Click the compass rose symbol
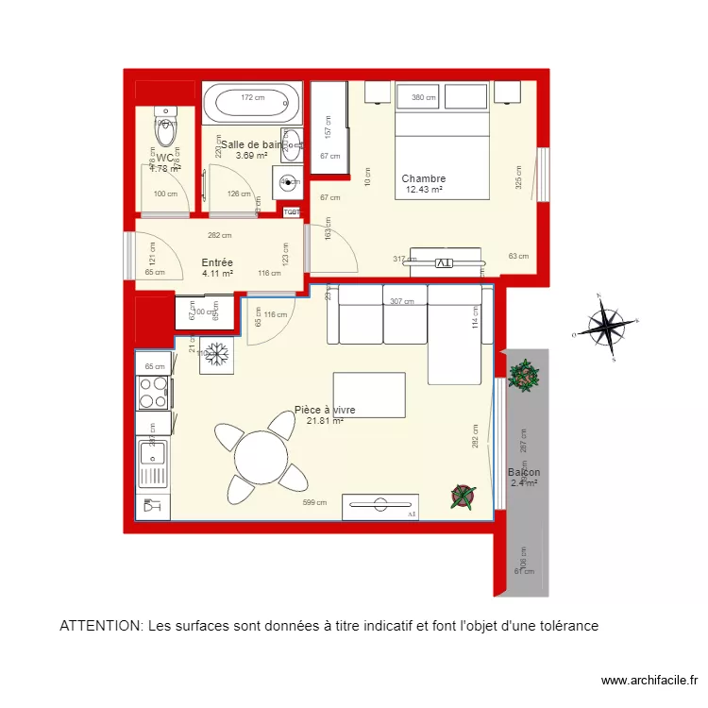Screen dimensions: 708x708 [x=607, y=327]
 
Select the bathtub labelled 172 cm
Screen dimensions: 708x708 [x=251, y=104]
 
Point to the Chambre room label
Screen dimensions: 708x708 [x=423, y=178]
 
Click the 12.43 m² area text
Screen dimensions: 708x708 [x=424, y=190]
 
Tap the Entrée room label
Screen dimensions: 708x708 [x=217, y=263]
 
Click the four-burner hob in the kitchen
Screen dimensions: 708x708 [x=154, y=393]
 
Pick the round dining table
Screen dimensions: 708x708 [x=261, y=459]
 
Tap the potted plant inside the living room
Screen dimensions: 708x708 [x=464, y=495]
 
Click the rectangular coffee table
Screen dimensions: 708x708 [x=376, y=395]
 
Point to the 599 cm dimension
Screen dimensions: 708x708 [x=314, y=503]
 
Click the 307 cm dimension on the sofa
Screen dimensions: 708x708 [x=401, y=302]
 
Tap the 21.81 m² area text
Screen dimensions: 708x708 [x=324, y=421]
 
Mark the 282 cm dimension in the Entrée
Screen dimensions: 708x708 [x=220, y=236]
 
